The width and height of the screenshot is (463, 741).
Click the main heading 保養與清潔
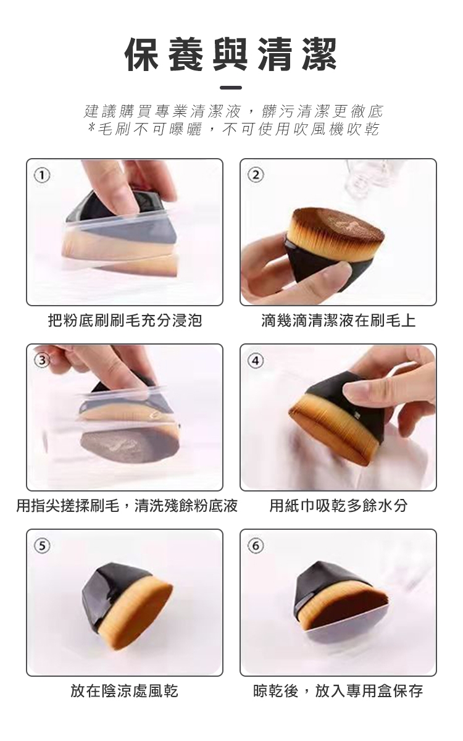click(231, 54)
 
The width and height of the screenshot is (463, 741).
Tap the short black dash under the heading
click(231, 88)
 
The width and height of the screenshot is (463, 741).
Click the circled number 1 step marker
click(43, 175)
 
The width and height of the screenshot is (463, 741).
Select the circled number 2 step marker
click(256, 175)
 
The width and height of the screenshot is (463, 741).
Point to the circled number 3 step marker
click(43, 361)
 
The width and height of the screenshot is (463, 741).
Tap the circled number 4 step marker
click(256, 361)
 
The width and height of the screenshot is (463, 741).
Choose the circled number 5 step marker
click(43, 546)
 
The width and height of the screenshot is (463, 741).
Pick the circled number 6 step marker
click(256, 546)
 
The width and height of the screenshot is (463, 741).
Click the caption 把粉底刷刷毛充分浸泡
click(125, 320)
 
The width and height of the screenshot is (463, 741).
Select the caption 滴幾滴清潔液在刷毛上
click(338, 320)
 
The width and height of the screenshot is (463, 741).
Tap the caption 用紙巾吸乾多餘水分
click(338, 506)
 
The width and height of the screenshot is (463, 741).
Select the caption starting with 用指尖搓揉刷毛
click(127, 506)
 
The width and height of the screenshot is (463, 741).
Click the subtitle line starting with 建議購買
click(233, 112)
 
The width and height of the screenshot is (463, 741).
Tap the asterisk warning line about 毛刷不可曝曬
click(233, 129)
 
